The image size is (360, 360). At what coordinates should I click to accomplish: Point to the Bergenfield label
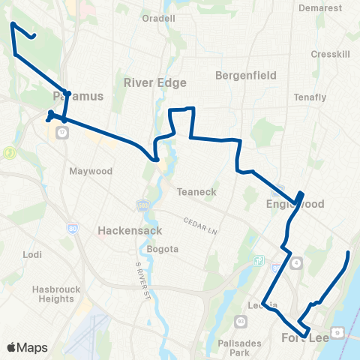click(x=246, y=76)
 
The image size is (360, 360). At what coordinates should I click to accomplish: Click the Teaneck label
click(x=196, y=192)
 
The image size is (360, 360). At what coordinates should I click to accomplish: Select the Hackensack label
click(x=126, y=232)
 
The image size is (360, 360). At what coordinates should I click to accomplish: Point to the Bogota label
click(x=163, y=249)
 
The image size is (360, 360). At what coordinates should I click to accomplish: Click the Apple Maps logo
click(x=27, y=347)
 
